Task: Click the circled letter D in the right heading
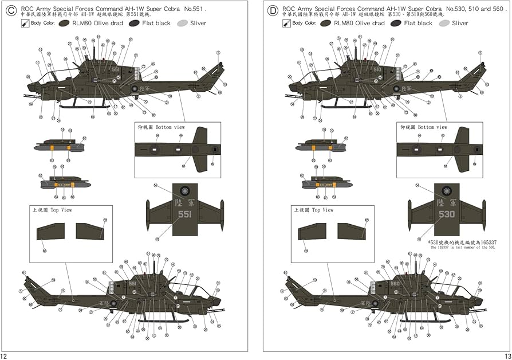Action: [273, 10]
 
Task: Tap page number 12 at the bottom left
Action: [5, 355]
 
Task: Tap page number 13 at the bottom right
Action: [507, 355]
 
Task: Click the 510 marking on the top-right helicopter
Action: [377, 69]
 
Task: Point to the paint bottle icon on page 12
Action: [25, 24]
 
